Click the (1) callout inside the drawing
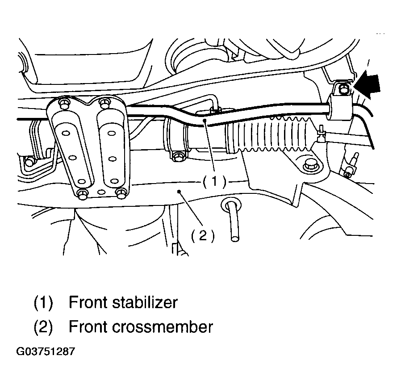click(x=214, y=181)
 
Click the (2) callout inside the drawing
click(x=203, y=235)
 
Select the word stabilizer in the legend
click(x=145, y=302)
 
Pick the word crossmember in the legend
click(x=163, y=327)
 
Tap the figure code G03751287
click(x=46, y=351)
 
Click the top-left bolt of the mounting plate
click(x=64, y=103)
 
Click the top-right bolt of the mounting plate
click(x=104, y=103)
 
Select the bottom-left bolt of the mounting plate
click(x=82, y=195)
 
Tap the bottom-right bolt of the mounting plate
click(x=121, y=193)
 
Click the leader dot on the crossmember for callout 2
click(x=179, y=191)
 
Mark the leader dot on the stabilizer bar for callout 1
click(x=205, y=120)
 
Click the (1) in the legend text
click(x=43, y=302)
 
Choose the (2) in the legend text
click(x=43, y=327)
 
